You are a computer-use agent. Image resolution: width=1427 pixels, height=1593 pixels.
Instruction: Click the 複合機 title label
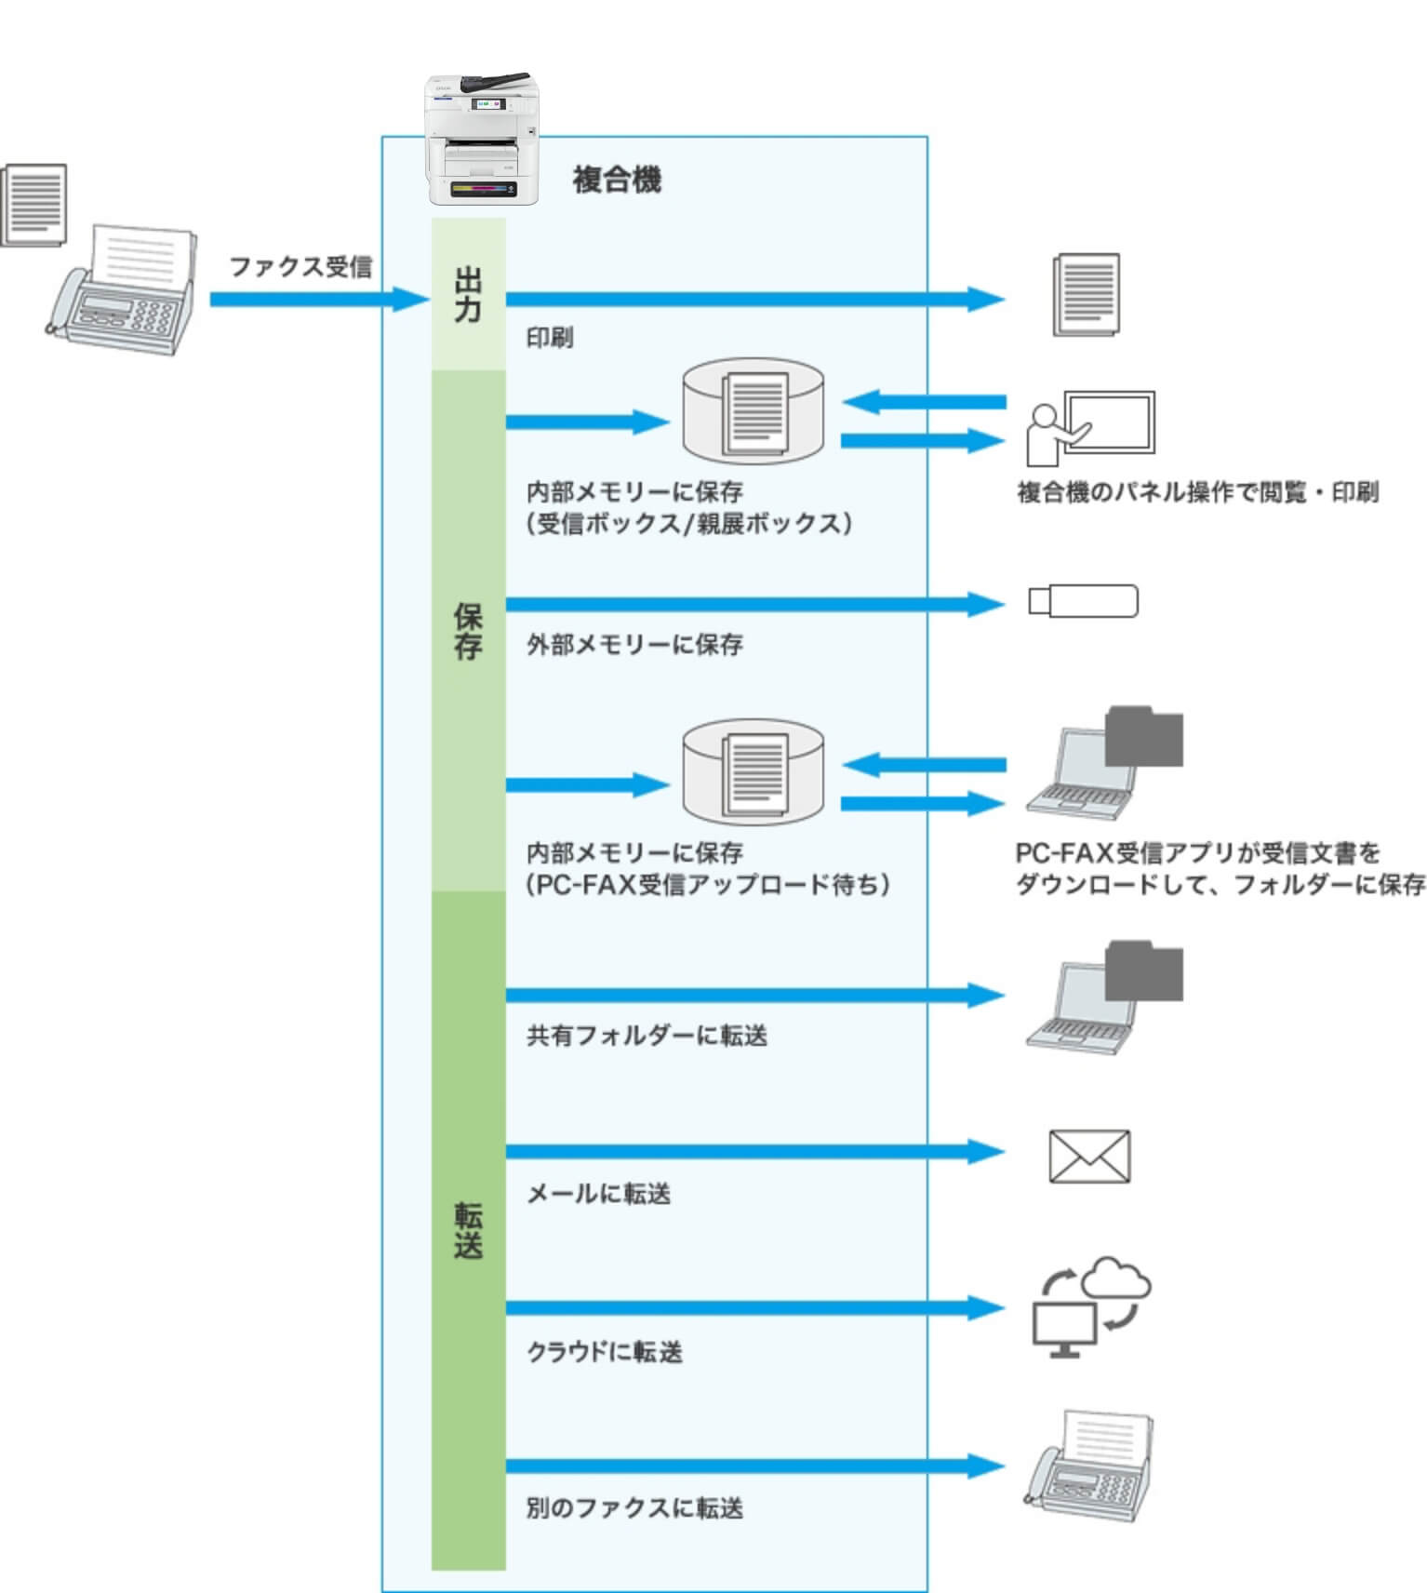616,180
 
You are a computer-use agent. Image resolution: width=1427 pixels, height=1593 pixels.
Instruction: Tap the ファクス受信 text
300,267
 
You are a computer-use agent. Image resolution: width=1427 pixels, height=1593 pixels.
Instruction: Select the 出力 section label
468,294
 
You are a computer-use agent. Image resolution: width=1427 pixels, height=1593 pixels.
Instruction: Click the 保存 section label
468,631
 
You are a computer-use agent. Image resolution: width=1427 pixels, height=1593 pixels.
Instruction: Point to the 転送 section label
468,1229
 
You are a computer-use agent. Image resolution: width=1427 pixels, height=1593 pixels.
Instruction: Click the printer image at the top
482,139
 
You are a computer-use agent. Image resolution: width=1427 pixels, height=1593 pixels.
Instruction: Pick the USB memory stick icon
1083,601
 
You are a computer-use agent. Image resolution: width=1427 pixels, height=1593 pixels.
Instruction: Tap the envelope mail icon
1089,1157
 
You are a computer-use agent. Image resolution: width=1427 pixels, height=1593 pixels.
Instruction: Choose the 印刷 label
550,338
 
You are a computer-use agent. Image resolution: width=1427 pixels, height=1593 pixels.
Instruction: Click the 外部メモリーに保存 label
634,644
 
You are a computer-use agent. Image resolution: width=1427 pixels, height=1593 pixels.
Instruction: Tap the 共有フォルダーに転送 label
647,1036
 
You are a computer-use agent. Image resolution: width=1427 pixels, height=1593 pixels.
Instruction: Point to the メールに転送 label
598,1194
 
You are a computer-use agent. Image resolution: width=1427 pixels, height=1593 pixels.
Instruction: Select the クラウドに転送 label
604,1352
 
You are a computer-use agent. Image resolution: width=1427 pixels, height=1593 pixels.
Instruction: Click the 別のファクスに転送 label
634,1508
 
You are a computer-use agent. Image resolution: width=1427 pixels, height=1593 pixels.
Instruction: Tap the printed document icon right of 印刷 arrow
1086,295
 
